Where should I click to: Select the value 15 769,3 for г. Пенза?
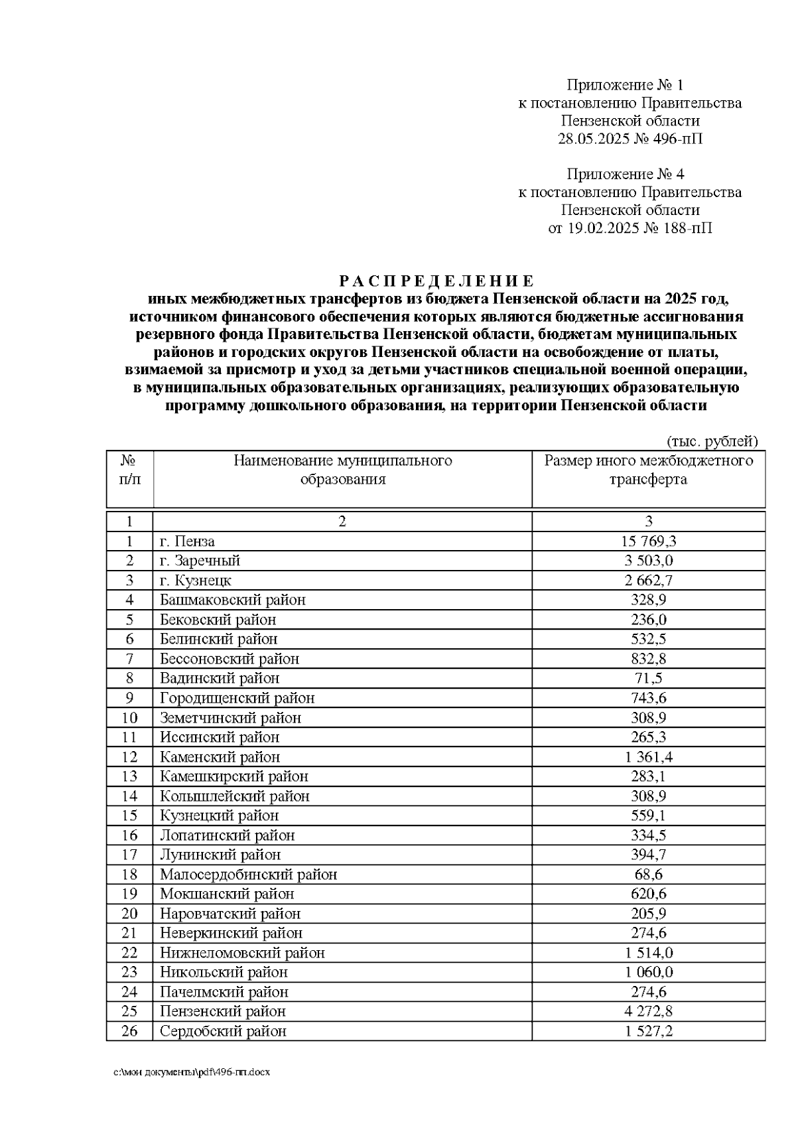click(648, 541)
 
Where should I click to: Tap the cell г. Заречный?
click(200, 561)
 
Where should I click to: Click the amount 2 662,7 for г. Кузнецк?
click(648, 581)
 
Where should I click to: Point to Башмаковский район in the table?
click(232, 600)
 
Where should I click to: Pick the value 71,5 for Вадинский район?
click(648, 678)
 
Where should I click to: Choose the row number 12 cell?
click(129, 756)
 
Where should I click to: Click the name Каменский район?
click(220, 756)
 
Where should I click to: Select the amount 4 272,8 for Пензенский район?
click(648, 1011)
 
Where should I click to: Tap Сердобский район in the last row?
click(223, 1031)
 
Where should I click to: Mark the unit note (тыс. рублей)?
click(711, 441)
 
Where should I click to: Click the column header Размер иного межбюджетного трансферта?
click(648, 470)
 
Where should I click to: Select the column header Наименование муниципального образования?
click(342, 470)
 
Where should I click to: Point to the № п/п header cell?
click(129, 470)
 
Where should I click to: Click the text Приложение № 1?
click(624, 85)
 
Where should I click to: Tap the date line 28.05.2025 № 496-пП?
click(630, 139)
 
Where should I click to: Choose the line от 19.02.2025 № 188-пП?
click(630, 228)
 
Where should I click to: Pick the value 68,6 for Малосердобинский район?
click(648, 874)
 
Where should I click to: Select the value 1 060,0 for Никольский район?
click(648, 972)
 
